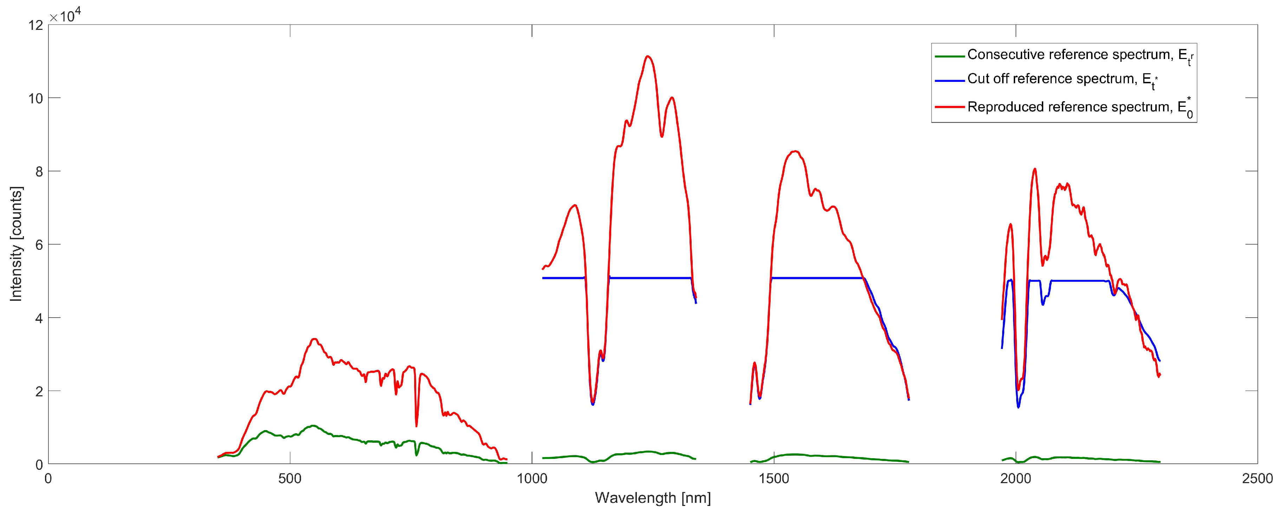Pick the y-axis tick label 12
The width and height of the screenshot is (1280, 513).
pyautogui.click(x=36, y=25)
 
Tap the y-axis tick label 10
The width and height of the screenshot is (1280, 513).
pyautogui.click(x=36, y=98)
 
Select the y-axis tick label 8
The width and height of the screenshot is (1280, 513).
pyautogui.click(x=39, y=171)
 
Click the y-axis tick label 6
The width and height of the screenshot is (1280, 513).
pyautogui.click(x=39, y=245)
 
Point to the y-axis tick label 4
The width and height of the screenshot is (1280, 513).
pyautogui.click(x=39, y=318)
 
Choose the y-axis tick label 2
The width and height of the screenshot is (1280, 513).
pyautogui.click(x=39, y=391)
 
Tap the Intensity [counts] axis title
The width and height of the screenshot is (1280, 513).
pyautogui.click(x=17, y=244)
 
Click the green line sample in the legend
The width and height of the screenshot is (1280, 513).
pyautogui.click(x=949, y=56)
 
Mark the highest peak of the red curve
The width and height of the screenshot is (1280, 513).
pyautogui.click(x=647, y=56)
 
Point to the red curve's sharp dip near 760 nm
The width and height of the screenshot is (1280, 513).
pyautogui.click(x=416, y=426)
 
